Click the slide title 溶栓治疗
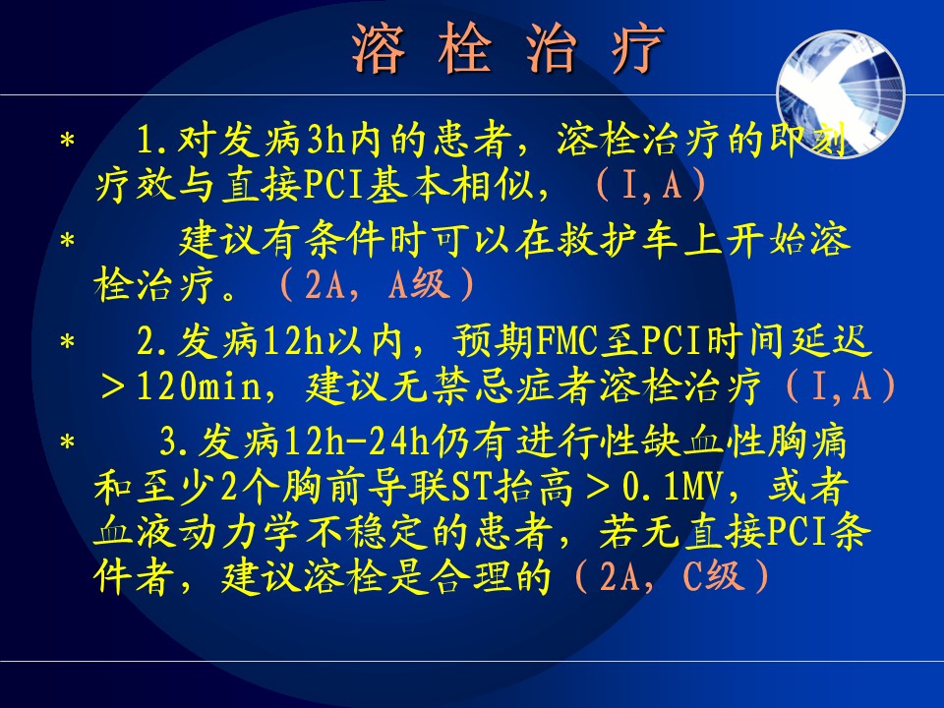point(507,49)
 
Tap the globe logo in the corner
point(841,94)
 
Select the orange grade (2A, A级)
point(377,285)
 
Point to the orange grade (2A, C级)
point(671,576)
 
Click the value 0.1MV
point(672,487)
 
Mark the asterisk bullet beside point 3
point(68,442)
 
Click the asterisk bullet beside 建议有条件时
point(68,241)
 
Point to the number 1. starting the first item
point(154,140)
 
